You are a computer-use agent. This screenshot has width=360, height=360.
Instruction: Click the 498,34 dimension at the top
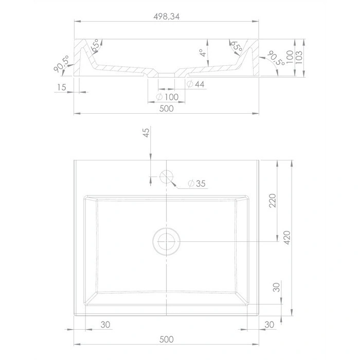click(167, 16)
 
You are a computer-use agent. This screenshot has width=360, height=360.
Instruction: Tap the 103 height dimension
click(299, 58)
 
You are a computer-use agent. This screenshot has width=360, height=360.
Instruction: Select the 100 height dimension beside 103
click(290, 57)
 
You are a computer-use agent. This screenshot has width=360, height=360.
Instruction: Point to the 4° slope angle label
click(203, 53)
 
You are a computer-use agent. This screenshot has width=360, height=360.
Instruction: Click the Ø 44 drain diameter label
click(195, 84)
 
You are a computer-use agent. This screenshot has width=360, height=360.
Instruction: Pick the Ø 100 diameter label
click(167, 97)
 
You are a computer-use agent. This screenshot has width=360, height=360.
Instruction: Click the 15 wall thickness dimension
click(62, 87)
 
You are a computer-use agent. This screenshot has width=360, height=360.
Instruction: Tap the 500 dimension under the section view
click(167, 109)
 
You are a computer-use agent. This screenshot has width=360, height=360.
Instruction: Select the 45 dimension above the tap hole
click(146, 133)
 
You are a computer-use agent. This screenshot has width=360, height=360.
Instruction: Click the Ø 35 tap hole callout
click(196, 184)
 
